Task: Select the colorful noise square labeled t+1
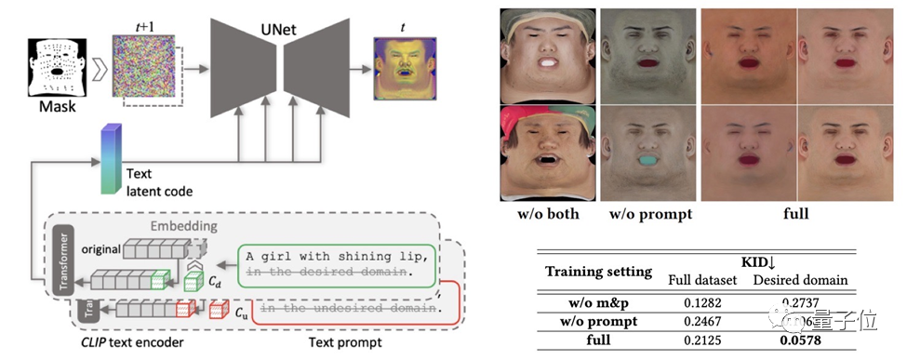point(143,65)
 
